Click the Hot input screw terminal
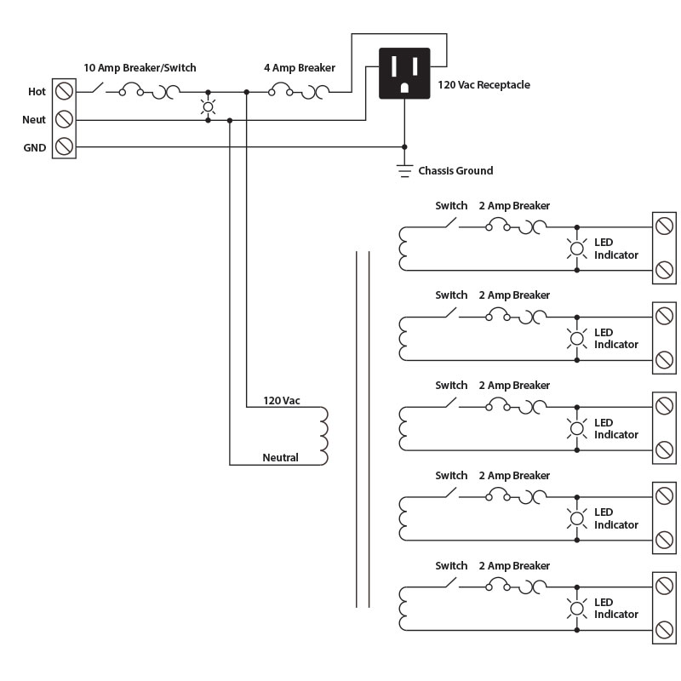pyautogui.click(x=63, y=91)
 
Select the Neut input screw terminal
pyautogui.click(x=63, y=119)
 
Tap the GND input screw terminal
pyautogui.click(x=63, y=147)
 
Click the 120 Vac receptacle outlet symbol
pyautogui.click(x=404, y=72)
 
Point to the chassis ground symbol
pyautogui.click(x=404, y=170)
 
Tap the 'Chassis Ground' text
pyautogui.click(x=455, y=171)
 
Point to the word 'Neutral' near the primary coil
pyautogui.click(x=280, y=458)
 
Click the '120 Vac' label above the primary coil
pyautogui.click(x=282, y=400)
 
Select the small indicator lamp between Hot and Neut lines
pyautogui.click(x=208, y=106)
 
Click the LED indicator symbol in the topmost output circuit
pyautogui.click(x=577, y=249)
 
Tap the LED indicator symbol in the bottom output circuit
pyautogui.click(x=577, y=608)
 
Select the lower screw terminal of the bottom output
pyautogui.click(x=664, y=631)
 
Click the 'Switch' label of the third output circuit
pyautogui.click(x=451, y=386)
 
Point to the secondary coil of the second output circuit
pyautogui.click(x=402, y=339)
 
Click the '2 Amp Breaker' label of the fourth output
pyautogui.click(x=514, y=476)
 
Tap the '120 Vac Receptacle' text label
pyautogui.click(x=484, y=86)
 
